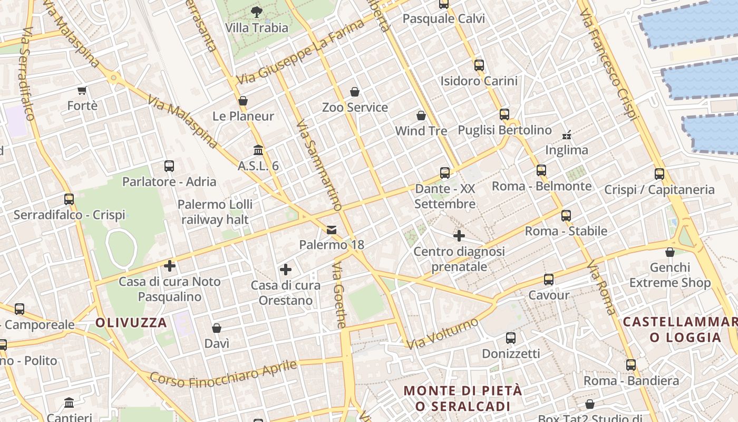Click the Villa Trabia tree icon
257,11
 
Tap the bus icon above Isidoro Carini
479,65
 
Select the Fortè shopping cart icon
82,91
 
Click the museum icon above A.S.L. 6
258,150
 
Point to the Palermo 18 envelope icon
332,230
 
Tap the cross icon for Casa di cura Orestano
286,270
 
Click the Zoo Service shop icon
355,92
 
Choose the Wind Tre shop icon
421,116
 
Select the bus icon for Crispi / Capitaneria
659,174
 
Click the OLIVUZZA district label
131,323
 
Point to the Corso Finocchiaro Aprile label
223,373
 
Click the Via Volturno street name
443,333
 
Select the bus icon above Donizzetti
510,338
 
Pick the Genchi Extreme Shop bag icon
669,252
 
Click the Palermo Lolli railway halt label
215,212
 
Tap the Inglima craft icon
567,135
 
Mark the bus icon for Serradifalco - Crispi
69,199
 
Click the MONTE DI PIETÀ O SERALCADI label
463,398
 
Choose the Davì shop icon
217,329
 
